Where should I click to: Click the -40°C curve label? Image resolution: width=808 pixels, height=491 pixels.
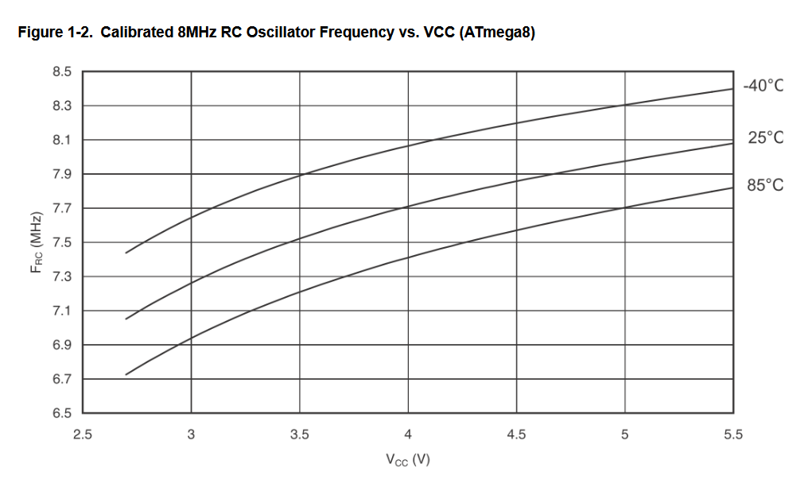pos(763,86)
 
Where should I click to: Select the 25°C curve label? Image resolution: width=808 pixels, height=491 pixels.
pos(765,138)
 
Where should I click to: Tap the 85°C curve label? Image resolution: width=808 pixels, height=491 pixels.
pos(765,186)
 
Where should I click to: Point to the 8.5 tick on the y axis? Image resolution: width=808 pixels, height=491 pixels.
pos(62,72)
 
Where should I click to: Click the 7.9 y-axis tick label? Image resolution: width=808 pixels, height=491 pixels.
pos(62,175)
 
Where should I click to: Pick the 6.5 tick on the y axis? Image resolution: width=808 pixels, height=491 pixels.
pos(62,414)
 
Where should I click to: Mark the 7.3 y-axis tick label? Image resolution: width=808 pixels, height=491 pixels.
pos(62,277)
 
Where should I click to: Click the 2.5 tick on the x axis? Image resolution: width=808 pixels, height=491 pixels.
pos(83,435)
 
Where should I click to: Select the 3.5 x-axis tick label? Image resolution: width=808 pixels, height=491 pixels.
pos(300,435)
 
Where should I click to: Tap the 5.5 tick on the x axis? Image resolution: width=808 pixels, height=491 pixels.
pos(733,435)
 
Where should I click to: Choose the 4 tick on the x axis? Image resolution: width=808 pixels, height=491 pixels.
pos(408,435)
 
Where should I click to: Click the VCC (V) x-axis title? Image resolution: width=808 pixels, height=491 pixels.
pos(408,460)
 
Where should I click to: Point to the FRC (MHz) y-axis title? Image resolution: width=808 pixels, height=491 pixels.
pos(35,242)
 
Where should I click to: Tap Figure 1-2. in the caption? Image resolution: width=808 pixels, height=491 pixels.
pos(53,33)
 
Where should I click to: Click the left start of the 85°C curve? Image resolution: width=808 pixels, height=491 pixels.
pos(126,374)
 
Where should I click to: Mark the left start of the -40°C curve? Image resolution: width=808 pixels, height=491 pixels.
pos(126,253)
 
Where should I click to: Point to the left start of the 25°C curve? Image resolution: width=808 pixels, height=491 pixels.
pos(126,319)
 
